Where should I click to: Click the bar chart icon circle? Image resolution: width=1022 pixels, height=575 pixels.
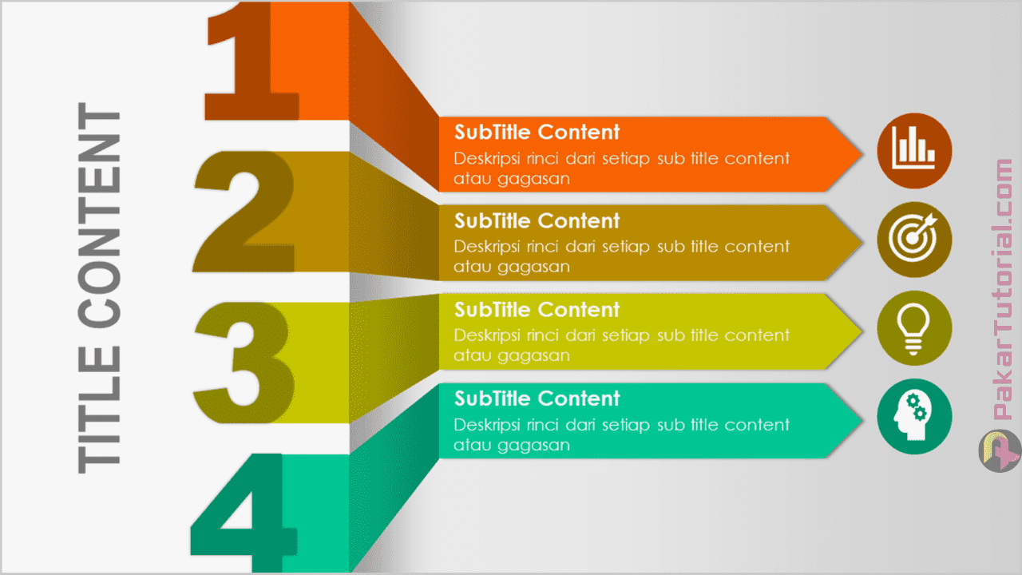pos(914,150)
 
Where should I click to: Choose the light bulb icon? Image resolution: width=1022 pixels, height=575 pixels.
pos(914,328)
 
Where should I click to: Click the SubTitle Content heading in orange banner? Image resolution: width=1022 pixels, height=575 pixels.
pos(537,132)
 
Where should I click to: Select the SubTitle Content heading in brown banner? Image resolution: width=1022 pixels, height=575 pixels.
pos(537,220)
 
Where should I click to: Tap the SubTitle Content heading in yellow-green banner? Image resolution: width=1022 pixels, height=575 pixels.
pos(537,309)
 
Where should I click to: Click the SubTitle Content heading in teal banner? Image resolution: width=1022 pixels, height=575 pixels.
pos(537,398)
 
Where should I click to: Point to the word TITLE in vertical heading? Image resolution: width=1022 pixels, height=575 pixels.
pos(100,410)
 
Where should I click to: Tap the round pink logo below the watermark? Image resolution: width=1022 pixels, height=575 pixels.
pos(999,451)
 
